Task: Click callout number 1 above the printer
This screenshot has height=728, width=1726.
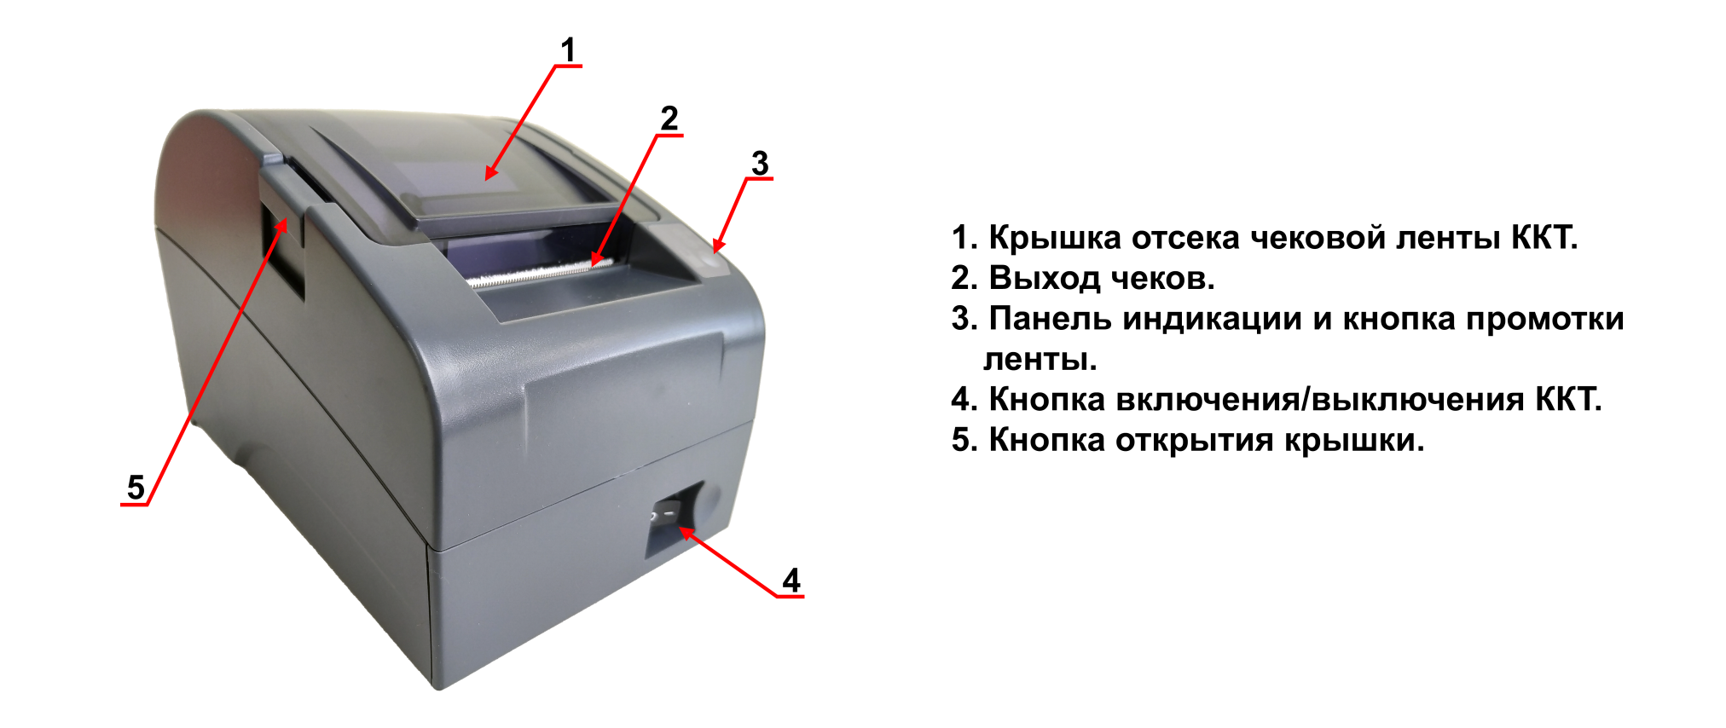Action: (569, 51)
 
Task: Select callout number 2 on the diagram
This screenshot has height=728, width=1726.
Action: (669, 119)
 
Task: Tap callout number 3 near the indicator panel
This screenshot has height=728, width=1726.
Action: (760, 163)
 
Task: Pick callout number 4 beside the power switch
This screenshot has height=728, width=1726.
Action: (791, 581)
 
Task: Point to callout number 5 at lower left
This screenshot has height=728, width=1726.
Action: (136, 488)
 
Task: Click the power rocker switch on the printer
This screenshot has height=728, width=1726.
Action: (665, 515)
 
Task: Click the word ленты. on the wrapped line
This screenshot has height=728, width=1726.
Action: (1040, 360)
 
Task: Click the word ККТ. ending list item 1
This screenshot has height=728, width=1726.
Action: (1544, 238)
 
